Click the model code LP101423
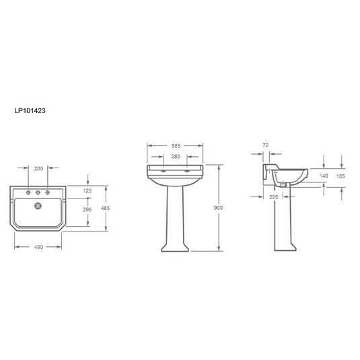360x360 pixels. (30, 110)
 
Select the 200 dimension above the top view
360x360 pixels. (38, 168)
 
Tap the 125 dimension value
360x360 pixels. (87, 190)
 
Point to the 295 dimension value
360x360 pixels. (87, 209)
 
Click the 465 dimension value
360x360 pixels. (106, 208)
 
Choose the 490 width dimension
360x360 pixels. (38, 247)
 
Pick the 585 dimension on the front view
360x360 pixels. (176, 146)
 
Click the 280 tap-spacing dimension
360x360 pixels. (176, 157)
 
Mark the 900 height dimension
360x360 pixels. (218, 208)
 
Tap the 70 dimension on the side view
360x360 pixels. (265, 145)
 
